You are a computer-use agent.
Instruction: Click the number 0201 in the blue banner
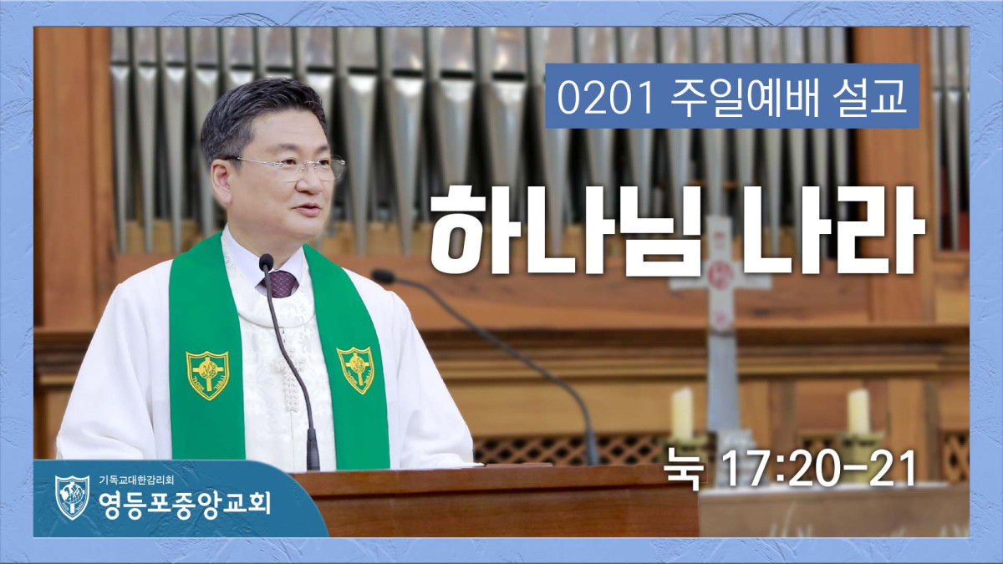pyautogui.click(x=605, y=97)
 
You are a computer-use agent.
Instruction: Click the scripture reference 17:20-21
pyautogui.click(x=819, y=469)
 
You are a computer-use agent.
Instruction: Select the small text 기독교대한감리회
pyautogui.click(x=136, y=480)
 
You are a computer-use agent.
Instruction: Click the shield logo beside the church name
pyautogui.click(x=72, y=497)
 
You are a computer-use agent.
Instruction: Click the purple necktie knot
pyautogui.click(x=280, y=283)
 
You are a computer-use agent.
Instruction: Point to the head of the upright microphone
pyautogui.click(x=266, y=262)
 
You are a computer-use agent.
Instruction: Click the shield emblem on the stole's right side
pyautogui.click(x=356, y=369)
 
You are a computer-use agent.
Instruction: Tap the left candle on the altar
pyautogui.click(x=681, y=414)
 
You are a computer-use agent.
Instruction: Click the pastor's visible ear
pyautogui.click(x=222, y=185)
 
